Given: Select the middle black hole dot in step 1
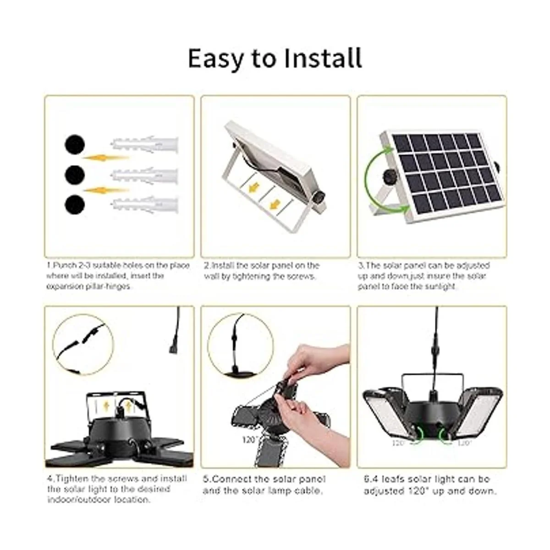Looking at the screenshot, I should tap(75, 174).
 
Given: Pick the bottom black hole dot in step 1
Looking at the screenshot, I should tap(75, 204).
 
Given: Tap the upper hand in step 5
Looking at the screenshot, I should tap(316, 362).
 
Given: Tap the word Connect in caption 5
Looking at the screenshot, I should tap(236, 479).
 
